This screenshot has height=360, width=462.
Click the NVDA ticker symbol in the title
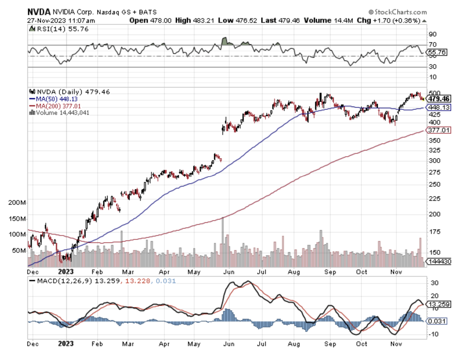39,12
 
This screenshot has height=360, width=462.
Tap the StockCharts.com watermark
397,12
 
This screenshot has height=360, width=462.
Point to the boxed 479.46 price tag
439,99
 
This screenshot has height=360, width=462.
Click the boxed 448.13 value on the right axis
439,107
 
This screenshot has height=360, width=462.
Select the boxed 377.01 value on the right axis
439,130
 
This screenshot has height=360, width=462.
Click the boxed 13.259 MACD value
439,304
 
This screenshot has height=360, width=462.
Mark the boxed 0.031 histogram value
437,321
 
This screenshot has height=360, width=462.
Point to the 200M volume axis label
17,203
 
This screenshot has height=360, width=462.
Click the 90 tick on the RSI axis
433,34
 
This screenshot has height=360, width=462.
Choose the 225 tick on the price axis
434,199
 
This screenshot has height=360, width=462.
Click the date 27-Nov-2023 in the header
47,21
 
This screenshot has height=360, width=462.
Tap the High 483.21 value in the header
203,21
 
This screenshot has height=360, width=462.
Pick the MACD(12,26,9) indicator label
64,281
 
